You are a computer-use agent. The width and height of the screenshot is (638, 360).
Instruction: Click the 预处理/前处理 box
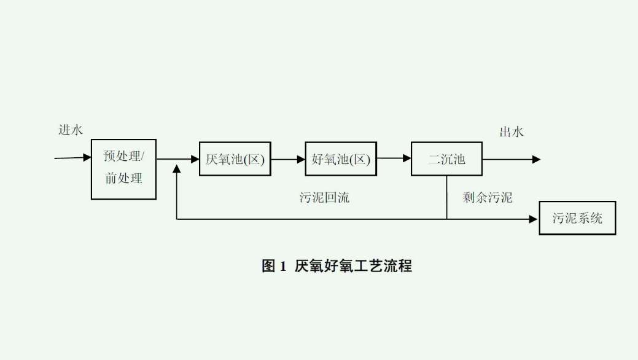pos(123,169)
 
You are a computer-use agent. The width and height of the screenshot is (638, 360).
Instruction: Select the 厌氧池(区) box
pos(235,159)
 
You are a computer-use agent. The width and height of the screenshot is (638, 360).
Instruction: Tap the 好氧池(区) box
pos(341,159)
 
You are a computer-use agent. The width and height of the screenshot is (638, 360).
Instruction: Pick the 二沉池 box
pos(446,159)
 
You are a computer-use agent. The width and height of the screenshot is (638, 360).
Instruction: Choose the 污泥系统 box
pos(577,217)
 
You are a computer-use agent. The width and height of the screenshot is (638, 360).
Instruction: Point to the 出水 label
pos(512,131)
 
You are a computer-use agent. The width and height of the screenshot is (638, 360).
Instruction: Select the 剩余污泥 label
pos(488,198)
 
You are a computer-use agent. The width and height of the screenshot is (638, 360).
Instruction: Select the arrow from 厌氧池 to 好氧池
pos(288,159)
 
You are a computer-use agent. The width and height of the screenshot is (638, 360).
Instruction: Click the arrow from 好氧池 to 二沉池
pos(394,159)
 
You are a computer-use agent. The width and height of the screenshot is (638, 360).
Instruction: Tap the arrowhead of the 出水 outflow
pos(537,159)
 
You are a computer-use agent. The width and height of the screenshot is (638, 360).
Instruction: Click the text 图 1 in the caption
pos(274,266)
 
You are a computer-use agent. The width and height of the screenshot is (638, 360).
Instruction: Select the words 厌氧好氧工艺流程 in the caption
pos(353,266)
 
